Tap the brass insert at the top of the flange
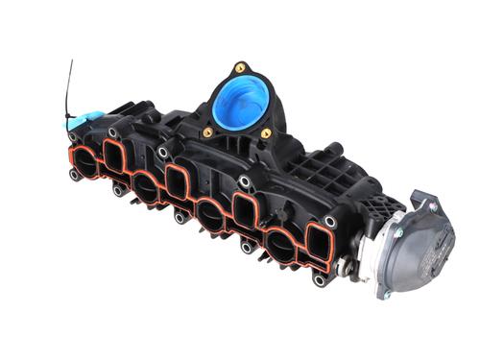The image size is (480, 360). pyautogui.click(x=240, y=68)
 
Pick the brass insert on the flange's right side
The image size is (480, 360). pyautogui.click(x=266, y=133)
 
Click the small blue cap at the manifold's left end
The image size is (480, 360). pyautogui.click(x=83, y=121)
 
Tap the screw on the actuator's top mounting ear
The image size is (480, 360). pyautogui.click(x=433, y=204)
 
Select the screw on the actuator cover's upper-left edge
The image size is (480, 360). pyautogui.click(x=396, y=231)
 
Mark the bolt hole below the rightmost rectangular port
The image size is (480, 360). pyautogui.click(x=318, y=280)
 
